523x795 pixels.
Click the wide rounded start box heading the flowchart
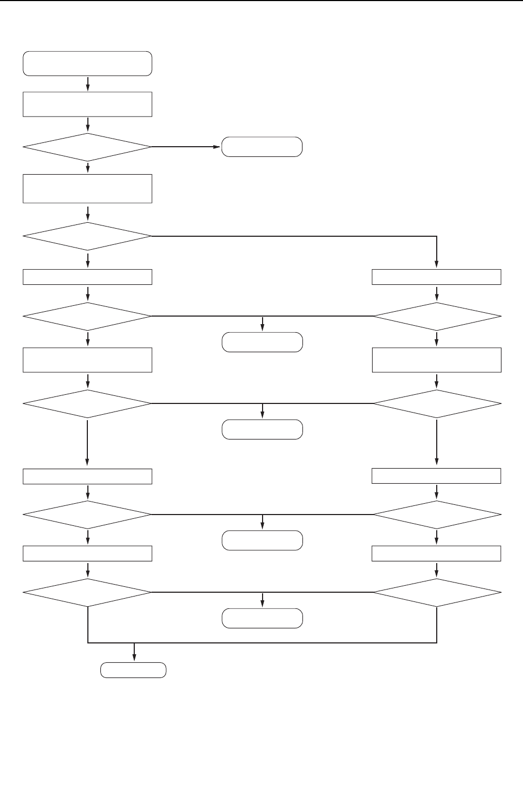87,64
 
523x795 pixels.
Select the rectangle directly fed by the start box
87,104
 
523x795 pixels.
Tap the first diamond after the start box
87,147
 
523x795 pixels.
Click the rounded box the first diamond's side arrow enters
262,147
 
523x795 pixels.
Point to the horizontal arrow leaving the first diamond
187,147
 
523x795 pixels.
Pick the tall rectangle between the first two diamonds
87,188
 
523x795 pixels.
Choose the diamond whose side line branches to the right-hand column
87,236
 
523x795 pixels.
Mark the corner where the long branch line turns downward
436,236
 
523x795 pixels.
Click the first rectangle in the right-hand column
436,277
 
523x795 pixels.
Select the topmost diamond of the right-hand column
436,316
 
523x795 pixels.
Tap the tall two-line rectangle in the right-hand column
436,360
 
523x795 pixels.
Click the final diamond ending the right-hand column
436,593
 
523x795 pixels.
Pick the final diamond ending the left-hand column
87,593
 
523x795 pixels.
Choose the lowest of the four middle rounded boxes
262,618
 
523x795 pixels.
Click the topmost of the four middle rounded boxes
262,342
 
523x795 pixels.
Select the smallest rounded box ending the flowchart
134,670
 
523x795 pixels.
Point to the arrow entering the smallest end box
134,652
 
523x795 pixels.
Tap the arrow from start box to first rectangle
87,84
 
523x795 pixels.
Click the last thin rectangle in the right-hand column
436,554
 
